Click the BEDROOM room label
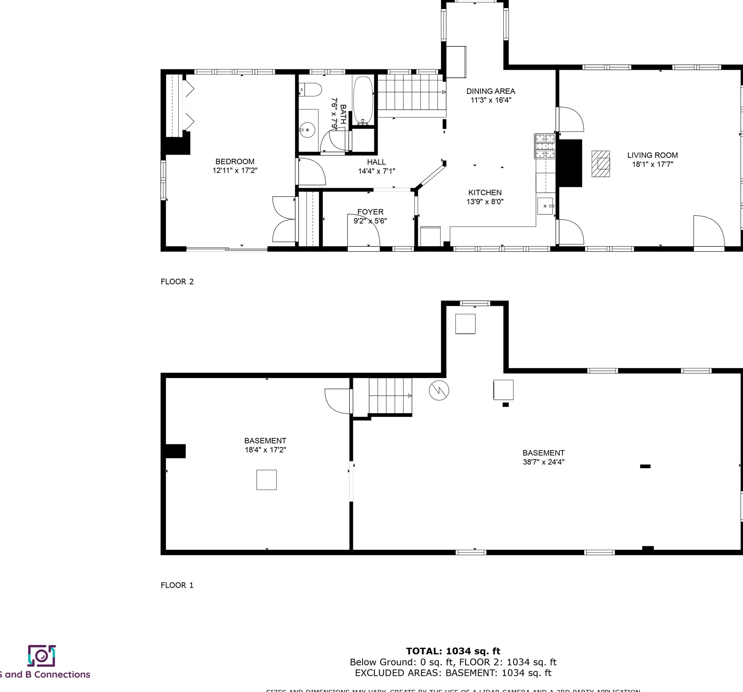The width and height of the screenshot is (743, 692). point(235,162)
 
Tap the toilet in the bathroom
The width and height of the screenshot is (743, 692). point(311,90)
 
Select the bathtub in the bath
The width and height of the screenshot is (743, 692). point(363,100)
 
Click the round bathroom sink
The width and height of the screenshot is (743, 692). point(307,130)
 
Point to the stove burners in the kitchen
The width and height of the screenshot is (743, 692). point(545,146)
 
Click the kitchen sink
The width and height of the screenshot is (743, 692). point(545,206)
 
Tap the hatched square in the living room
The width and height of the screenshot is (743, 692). point(601,164)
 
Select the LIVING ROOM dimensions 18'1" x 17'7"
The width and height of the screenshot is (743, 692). point(652,164)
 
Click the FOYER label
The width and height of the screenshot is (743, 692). point(370,211)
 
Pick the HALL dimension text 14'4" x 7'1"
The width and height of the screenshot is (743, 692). point(376,171)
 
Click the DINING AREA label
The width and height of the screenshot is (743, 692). point(490,91)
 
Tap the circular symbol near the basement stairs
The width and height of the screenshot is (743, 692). point(439,391)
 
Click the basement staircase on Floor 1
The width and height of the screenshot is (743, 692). point(390,396)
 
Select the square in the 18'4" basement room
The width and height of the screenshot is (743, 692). point(267,480)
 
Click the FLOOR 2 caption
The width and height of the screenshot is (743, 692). point(177,282)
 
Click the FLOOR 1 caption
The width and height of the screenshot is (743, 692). point(177,585)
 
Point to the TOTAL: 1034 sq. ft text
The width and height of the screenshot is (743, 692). point(453,651)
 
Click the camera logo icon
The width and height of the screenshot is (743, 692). point(41,656)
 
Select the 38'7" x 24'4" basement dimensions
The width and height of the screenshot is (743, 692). point(543,462)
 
